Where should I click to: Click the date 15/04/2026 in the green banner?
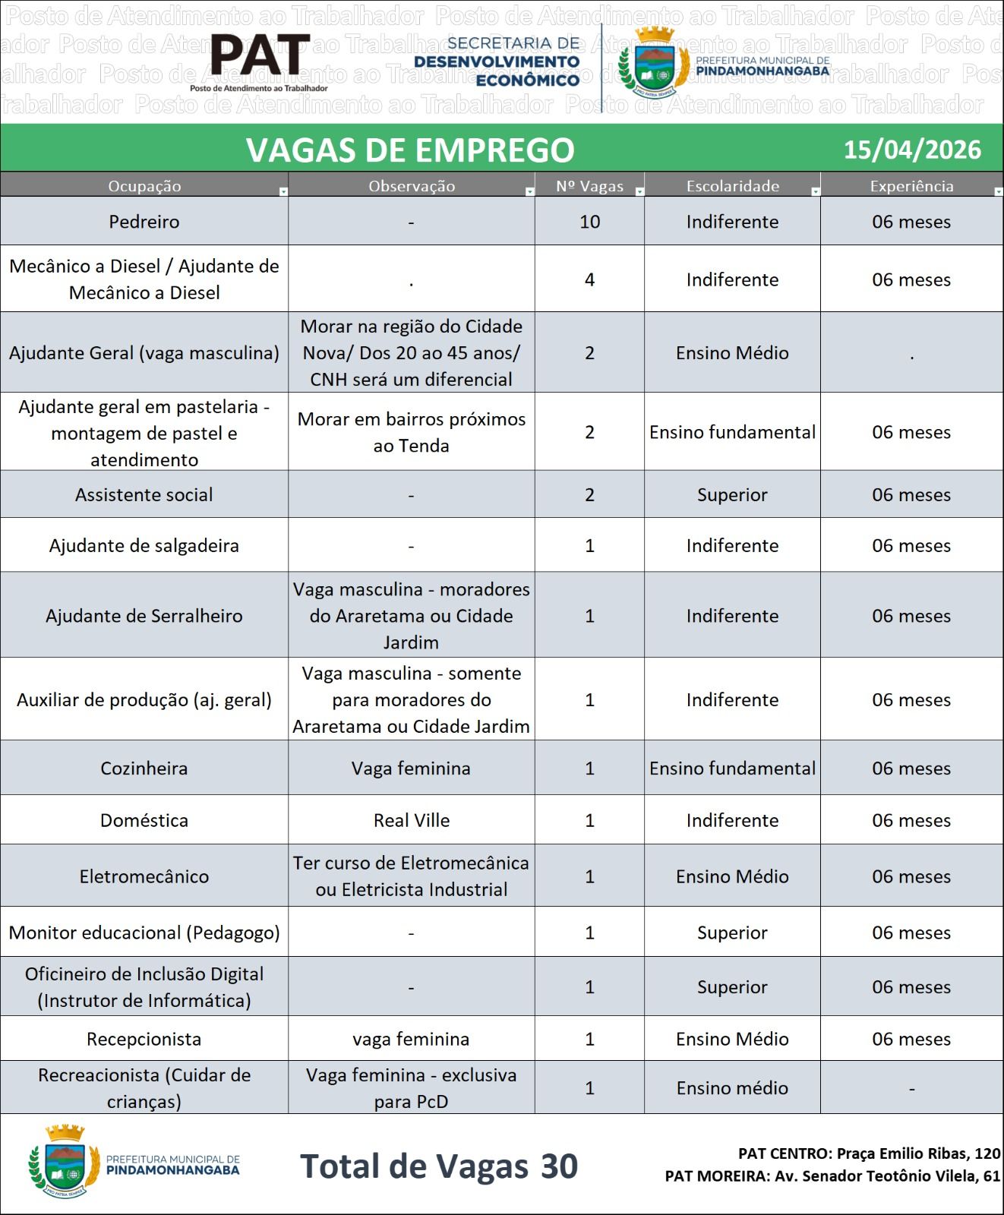tap(911, 150)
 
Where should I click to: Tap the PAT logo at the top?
tap(260, 57)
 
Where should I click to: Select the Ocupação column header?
tap(144, 186)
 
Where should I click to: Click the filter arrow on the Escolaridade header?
tap(815, 191)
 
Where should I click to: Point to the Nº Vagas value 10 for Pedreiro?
tap(589, 222)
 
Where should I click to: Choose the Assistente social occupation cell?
tap(144, 495)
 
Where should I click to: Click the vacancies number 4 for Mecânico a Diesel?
tap(589, 279)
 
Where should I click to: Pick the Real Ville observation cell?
tap(411, 820)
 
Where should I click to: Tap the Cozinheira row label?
tap(144, 768)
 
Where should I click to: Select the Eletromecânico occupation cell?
tap(144, 876)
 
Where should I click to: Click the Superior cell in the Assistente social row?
tap(732, 495)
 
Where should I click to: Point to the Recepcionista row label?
tap(144, 1039)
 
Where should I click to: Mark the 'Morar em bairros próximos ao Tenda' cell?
tap(411, 432)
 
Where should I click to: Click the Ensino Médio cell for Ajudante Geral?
tap(732, 353)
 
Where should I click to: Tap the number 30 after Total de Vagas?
tap(559, 1166)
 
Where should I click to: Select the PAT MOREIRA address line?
tap(832, 1176)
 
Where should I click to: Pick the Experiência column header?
tap(911, 186)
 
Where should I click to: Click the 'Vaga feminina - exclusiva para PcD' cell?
tap(411, 1088)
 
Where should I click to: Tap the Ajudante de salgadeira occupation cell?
tap(144, 545)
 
